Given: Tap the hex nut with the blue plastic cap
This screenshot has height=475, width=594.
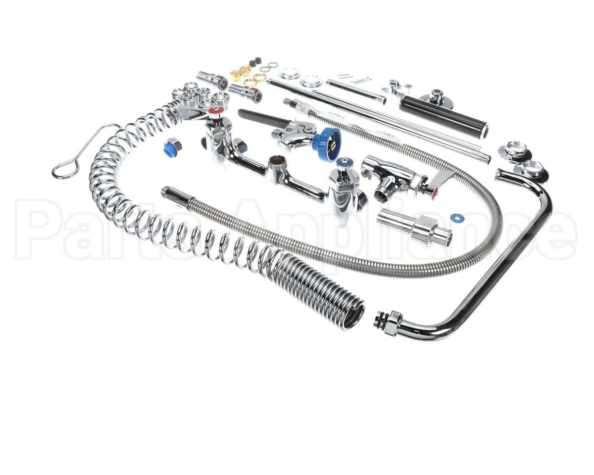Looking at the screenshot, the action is [172, 146].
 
